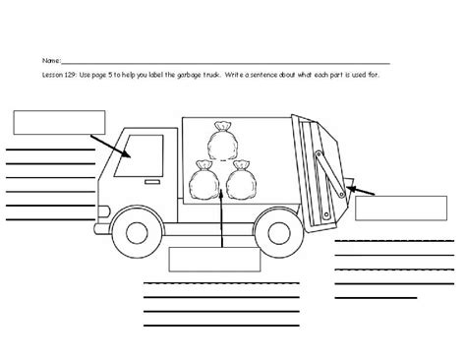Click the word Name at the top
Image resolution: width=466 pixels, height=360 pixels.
click(x=50, y=60)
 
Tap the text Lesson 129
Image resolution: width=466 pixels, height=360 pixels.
click(x=59, y=75)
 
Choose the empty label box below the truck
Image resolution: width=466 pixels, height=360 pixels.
click(x=214, y=259)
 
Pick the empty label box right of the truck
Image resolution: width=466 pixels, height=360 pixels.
click(x=394, y=210)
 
